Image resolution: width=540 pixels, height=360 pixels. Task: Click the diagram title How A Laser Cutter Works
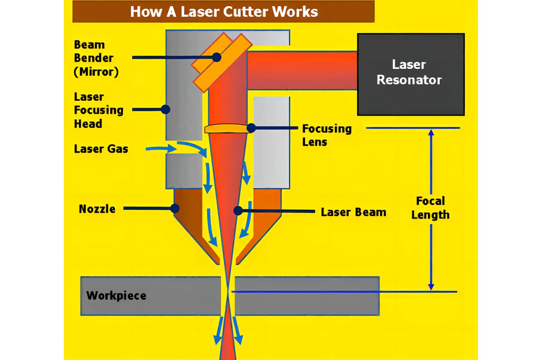coord(224,11)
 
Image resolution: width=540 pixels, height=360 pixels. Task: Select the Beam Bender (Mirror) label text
coord(96,58)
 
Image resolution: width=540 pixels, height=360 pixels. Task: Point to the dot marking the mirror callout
coord(217,57)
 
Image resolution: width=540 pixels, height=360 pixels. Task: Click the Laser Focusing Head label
coord(99,110)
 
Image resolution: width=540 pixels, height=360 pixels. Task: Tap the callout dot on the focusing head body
coord(165,109)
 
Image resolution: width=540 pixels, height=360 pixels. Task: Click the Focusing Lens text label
coord(327,135)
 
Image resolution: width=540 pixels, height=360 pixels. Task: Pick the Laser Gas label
coord(101,149)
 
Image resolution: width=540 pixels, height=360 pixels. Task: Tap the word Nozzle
coord(97,209)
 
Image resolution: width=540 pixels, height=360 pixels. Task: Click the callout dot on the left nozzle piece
coord(175,208)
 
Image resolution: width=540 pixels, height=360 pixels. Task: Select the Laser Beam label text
coord(353,212)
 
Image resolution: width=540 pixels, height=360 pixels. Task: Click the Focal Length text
coord(430,207)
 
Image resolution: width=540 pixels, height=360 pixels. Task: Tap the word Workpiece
coord(116,296)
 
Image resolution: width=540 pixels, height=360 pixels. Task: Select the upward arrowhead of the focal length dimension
coord(431,133)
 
